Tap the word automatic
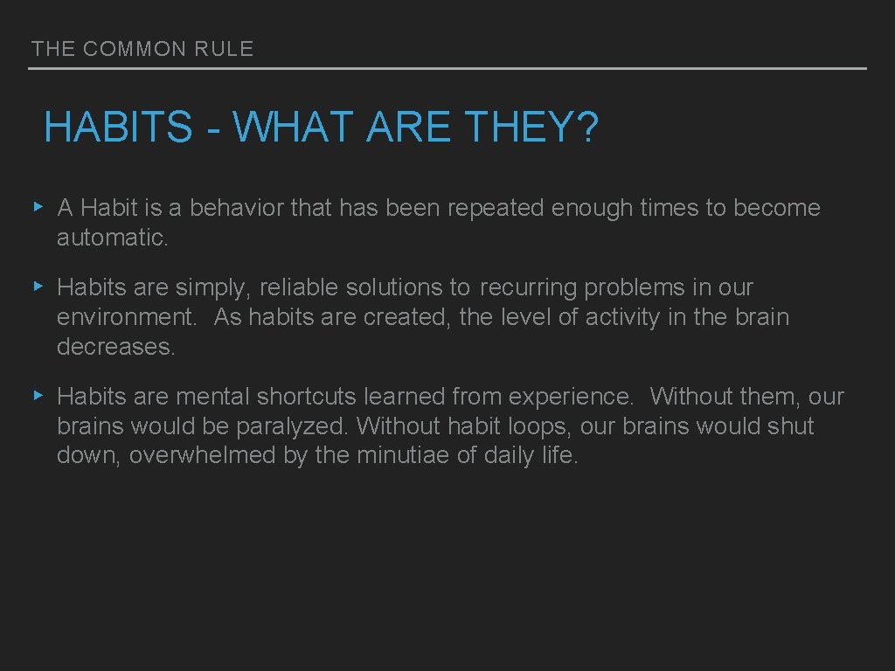tap(112, 238)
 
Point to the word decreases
tap(115, 347)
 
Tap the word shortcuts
tap(306, 397)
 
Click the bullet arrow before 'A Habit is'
tap(38, 207)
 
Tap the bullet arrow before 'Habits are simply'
tap(38, 287)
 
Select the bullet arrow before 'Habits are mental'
tap(38, 396)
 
